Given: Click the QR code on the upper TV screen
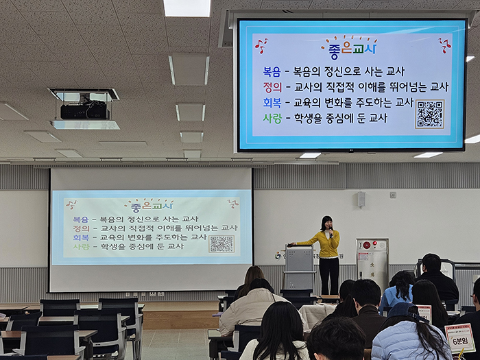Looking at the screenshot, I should (429, 114).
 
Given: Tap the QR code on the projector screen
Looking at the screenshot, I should (221, 243).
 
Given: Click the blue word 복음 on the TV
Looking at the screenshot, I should (272, 71).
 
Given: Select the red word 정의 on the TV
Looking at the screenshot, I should (272, 87).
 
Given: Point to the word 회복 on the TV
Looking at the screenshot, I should (272, 103).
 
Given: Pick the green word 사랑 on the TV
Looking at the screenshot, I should (272, 118).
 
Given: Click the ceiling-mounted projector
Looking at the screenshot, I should (84, 109).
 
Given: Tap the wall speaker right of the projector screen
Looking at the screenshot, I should (361, 200).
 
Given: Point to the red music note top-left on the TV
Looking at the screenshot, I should (261, 45).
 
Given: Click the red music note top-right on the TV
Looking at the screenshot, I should (444, 45).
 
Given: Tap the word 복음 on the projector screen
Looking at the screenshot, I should (80, 219).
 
